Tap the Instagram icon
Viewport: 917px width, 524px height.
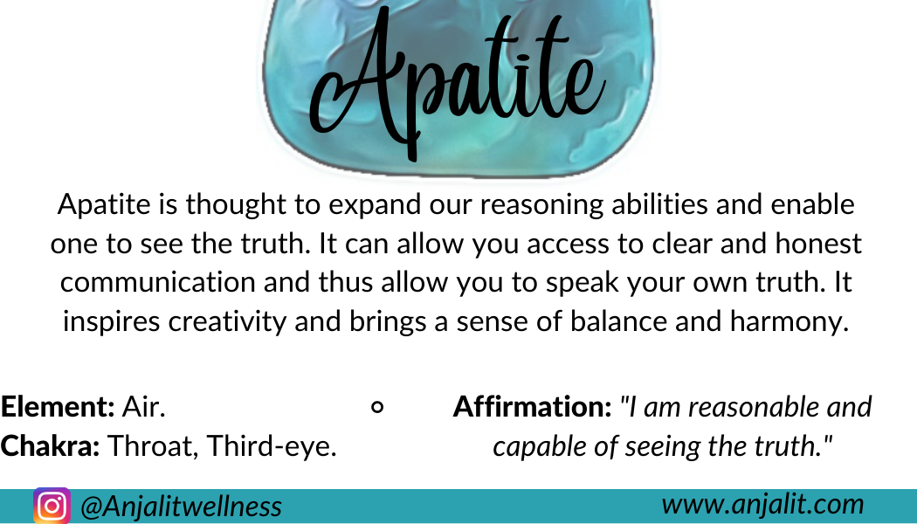(x=52, y=506)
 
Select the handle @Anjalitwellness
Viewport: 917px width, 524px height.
(x=182, y=507)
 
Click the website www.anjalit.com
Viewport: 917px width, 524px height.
(x=762, y=504)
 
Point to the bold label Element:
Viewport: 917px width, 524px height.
(x=58, y=406)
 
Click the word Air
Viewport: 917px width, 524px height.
(x=143, y=406)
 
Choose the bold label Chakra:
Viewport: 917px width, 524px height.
(x=51, y=445)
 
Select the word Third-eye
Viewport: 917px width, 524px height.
(x=272, y=446)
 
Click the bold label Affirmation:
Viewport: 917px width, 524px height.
(x=532, y=406)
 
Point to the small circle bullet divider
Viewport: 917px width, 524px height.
(x=378, y=407)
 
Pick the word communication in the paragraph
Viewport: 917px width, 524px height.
(x=158, y=282)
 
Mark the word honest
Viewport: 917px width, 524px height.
(x=818, y=244)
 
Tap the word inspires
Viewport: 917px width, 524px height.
(x=112, y=321)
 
